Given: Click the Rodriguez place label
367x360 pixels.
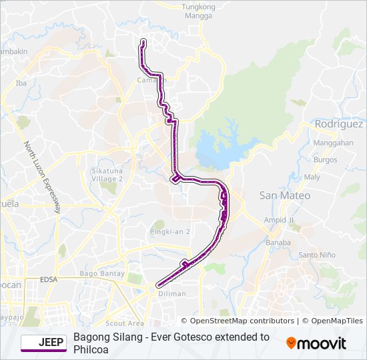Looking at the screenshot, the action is [x=339, y=124].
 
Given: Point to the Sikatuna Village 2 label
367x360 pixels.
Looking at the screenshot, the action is [x=107, y=175].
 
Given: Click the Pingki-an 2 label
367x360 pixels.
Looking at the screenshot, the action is [x=170, y=231].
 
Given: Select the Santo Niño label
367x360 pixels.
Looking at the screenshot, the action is [x=317, y=255].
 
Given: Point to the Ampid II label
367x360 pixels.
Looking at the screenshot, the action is [x=279, y=220].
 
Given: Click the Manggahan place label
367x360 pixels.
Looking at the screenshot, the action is [x=333, y=143].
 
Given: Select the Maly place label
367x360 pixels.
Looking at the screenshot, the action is [x=312, y=177].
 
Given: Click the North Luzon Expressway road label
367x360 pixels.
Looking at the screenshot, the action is [x=42, y=177].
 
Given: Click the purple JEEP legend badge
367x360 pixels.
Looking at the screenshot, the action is [x=43, y=343].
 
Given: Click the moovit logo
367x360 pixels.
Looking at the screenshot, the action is [x=316, y=343].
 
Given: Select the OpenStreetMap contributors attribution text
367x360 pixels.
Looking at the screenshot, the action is [x=238, y=321].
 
